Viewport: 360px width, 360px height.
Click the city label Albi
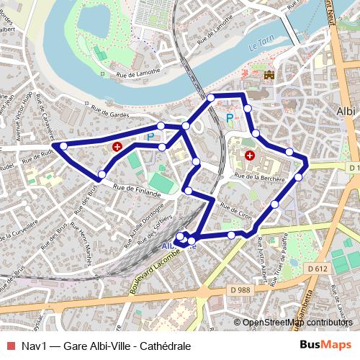tap(346, 112)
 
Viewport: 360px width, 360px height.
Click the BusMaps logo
tap(325, 346)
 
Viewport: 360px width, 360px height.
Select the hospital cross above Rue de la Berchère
tap(250, 155)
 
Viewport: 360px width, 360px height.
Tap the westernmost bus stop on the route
tap(63, 146)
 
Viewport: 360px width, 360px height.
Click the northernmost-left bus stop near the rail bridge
tap(211, 97)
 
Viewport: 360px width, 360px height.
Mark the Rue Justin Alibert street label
tap(263, 264)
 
